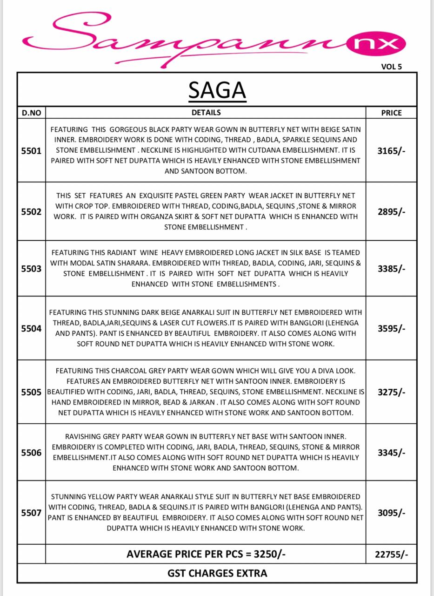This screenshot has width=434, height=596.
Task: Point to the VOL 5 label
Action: coord(391,67)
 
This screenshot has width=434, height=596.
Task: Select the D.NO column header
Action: coord(31,113)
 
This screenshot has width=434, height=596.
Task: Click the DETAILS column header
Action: coord(206,113)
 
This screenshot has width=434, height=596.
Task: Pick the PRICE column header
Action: coord(391,113)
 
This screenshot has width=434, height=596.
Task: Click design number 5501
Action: coord(31,151)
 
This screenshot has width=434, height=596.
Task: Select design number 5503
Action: coord(31,269)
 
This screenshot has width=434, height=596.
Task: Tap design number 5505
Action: coord(31,392)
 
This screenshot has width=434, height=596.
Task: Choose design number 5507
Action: coord(31,513)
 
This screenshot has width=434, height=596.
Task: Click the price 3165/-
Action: coord(391,151)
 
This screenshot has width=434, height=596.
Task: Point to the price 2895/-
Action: coord(391,212)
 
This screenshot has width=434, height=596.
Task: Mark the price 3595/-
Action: coord(391,328)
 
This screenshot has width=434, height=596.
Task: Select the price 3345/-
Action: coord(391,452)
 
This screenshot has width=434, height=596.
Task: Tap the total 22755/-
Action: coord(391,554)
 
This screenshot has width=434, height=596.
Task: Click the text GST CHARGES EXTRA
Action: coord(217,573)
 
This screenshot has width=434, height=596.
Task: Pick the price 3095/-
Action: coord(391,513)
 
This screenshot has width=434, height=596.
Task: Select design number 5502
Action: coord(31,212)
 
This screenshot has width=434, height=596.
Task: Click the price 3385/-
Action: coord(391,269)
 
